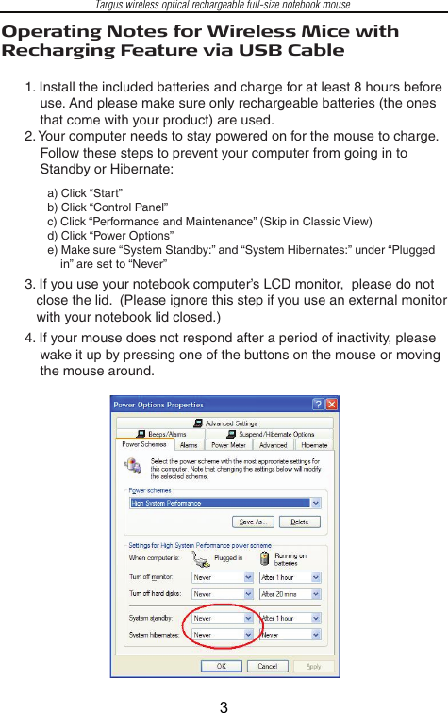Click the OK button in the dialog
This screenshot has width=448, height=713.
pos(221,666)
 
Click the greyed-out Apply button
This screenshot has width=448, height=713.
pos(312,666)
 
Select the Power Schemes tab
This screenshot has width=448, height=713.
pos(144,445)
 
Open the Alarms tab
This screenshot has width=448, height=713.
pos(189,445)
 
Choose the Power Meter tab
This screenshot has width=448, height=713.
pos(230,445)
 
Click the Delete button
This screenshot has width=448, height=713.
pos(299,522)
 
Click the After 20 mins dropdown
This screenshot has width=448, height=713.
pos(290,595)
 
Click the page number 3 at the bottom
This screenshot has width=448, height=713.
pos(224,703)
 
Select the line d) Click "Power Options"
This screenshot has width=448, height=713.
pos(110,236)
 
